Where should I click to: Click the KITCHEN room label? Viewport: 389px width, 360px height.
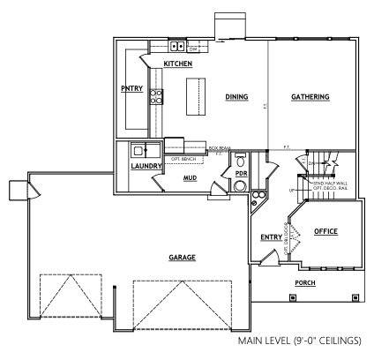pyautogui.click(x=178, y=64)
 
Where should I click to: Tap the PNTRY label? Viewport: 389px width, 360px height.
pyautogui.click(x=131, y=88)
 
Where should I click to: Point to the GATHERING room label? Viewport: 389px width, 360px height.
pyautogui.click(x=310, y=97)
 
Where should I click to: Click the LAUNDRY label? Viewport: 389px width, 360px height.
pyautogui.click(x=145, y=166)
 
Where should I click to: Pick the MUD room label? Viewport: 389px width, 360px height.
pyautogui.click(x=189, y=177)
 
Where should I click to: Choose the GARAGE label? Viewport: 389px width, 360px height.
pyautogui.click(x=183, y=258)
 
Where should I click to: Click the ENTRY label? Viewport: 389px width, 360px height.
pyautogui.click(x=271, y=236)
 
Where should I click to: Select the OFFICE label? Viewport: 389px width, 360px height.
pyautogui.click(x=326, y=231)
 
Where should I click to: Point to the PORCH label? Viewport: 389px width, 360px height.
pyautogui.click(x=306, y=283)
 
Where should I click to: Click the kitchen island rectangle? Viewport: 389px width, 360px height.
pyautogui.click(x=195, y=95)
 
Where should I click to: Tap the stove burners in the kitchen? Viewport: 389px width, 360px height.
pyautogui.click(x=156, y=96)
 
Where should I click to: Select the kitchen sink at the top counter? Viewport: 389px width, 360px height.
pyautogui.click(x=176, y=46)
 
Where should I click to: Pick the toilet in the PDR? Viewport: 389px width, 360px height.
pyautogui.click(x=240, y=161)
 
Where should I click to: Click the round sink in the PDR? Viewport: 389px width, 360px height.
pyautogui.click(x=240, y=186)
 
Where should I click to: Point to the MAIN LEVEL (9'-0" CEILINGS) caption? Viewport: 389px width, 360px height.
pyautogui.click(x=306, y=341)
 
